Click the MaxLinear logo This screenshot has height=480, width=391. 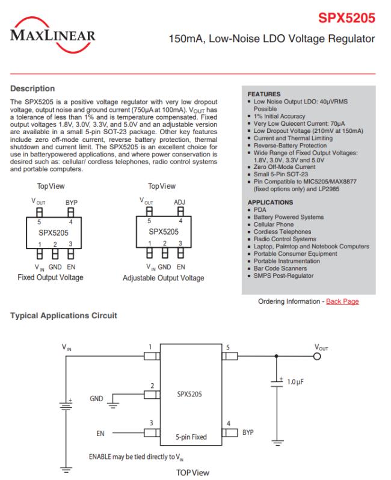pyautogui.click(x=53, y=32)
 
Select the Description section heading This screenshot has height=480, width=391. pyautogui.click(x=33, y=88)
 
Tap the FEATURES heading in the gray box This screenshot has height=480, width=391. pyautogui.click(x=264, y=94)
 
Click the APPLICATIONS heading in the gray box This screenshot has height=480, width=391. pyautogui.click(x=270, y=202)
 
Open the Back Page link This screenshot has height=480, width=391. pyautogui.click(x=342, y=301)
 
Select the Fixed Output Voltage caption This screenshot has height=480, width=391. pyautogui.click(x=51, y=277)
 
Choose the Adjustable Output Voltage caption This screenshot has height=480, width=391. pyautogui.click(x=163, y=278)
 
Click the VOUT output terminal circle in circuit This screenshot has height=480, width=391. pyautogui.click(x=318, y=356)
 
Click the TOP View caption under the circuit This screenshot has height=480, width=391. pyautogui.click(x=192, y=472)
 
